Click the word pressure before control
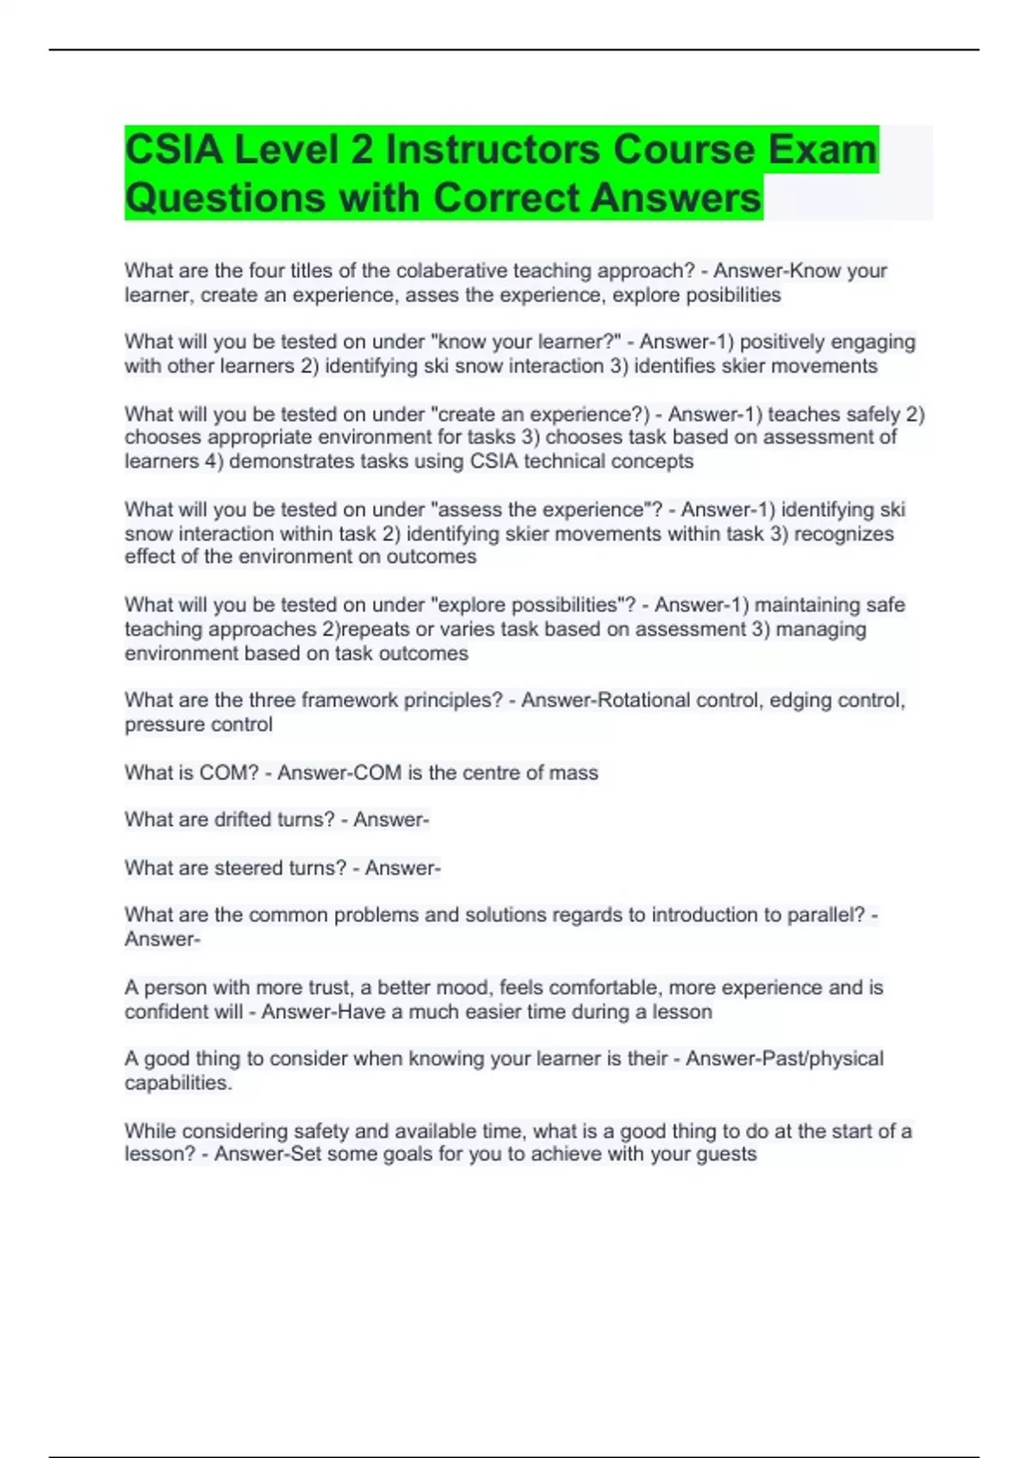(x=160, y=725)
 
